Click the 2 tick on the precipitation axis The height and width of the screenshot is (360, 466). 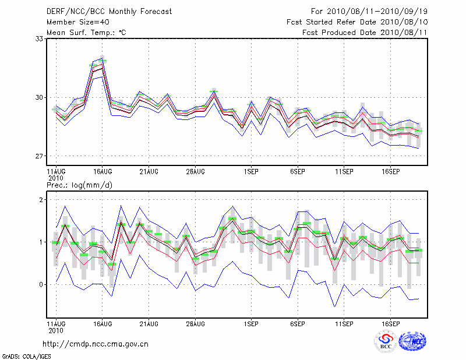click(x=42, y=200)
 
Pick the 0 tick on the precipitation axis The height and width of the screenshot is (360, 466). click(x=42, y=284)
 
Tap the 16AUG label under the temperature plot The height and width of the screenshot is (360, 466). click(x=103, y=172)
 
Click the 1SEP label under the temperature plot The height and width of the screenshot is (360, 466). click(x=252, y=172)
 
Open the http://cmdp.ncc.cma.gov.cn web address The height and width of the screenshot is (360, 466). click(x=96, y=344)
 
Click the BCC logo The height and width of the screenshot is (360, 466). click(x=386, y=341)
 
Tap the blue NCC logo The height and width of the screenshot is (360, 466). click(x=412, y=341)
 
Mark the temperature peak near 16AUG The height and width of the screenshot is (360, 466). click(x=103, y=60)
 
